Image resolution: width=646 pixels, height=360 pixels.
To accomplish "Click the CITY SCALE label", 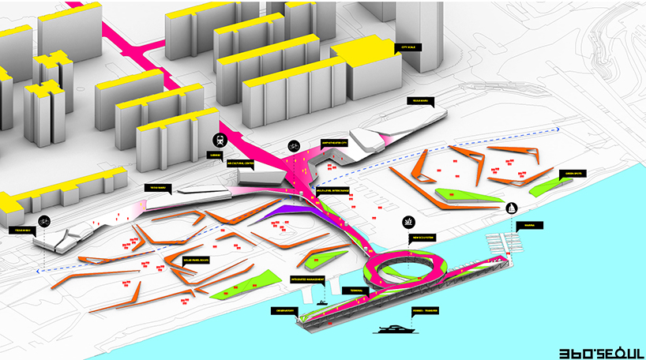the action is pyautogui.click(x=411, y=47).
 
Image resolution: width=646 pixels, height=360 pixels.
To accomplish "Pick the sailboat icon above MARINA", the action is pyautogui.click(x=511, y=209).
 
